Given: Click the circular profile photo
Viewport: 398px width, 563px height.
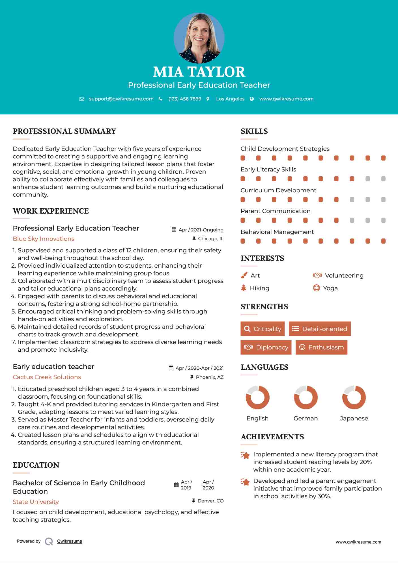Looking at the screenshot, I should (199, 38).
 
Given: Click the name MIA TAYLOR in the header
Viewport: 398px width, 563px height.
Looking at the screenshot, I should (199, 72).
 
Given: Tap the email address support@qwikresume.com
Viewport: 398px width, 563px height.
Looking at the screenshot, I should (121, 99).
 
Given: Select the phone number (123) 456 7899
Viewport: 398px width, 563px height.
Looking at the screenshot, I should (185, 99).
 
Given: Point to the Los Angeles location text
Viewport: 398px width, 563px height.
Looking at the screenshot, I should (230, 99).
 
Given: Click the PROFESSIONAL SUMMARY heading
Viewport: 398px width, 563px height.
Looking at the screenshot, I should (64, 131).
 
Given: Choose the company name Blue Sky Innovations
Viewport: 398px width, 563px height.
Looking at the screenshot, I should (44, 239).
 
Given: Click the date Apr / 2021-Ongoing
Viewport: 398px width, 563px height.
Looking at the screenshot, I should (201, 230).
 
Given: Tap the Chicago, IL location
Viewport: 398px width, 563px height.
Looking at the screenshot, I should (211, 239).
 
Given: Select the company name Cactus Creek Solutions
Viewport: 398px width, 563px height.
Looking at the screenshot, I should (47, 377).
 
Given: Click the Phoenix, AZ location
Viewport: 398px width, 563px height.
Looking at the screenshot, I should (210, 377).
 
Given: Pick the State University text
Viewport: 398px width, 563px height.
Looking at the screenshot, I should (36, 502).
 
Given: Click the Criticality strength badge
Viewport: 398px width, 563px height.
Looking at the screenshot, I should (263, 329).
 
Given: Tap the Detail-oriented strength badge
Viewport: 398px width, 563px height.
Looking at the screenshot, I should (320, 329).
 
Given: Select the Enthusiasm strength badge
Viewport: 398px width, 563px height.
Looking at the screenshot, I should (321, 347).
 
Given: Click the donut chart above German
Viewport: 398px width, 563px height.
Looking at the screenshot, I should (306, 397).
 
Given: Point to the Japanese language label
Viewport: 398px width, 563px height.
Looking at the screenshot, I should (354, 418).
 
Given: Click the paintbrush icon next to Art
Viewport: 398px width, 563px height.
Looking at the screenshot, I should (244, 275).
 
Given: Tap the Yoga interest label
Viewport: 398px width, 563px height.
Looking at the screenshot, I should (330, 288).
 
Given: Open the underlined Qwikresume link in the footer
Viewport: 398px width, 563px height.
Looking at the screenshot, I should (70, 541).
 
